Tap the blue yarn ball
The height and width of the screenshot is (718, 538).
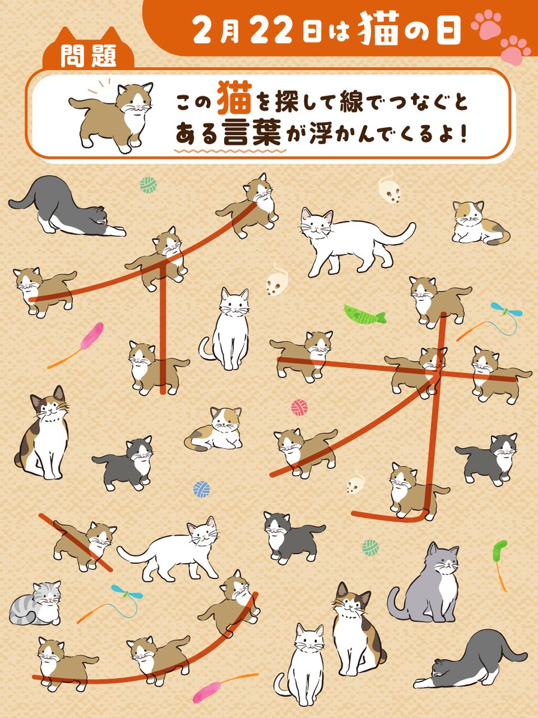pos(201,489)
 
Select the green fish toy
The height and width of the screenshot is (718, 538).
pos(365,313)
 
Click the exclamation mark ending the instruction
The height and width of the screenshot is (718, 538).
pos(462,135)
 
